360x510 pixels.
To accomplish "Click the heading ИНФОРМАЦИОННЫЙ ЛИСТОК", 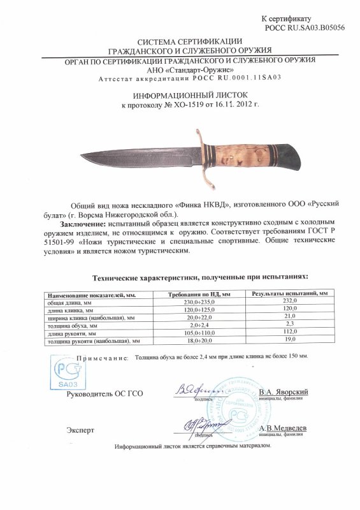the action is pos(180,94).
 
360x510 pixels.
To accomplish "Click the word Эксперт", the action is pos(80,430).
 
